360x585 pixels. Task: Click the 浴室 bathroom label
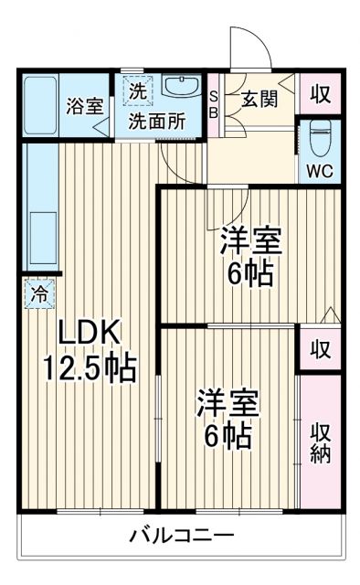(x=84, y=105)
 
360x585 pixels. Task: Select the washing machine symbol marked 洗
(x=136, y=91)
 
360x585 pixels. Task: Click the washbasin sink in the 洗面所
(x=183, y=87)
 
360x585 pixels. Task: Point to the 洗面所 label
(x=155, y=119)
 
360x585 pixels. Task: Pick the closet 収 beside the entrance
(x=320, y=94)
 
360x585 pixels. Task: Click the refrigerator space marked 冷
(x=40, y=294)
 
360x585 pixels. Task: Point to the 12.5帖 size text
(x=90, y=368)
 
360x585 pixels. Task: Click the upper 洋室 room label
(x=249, y=241)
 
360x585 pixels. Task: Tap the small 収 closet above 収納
(x=320, y=349)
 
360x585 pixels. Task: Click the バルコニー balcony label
(x=181, y=534)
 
